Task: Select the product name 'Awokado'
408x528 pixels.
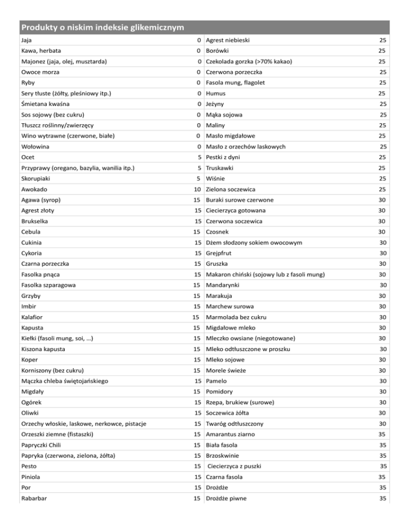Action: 30,189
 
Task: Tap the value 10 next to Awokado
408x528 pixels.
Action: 197,189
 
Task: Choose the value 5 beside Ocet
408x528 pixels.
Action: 198,157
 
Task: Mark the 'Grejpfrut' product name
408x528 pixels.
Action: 222,253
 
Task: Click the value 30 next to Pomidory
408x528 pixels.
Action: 381,391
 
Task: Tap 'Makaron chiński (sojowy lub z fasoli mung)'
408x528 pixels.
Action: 266,274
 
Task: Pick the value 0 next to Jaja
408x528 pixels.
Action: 198,40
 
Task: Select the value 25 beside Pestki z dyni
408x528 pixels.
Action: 381,157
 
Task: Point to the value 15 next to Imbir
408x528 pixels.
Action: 197,306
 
